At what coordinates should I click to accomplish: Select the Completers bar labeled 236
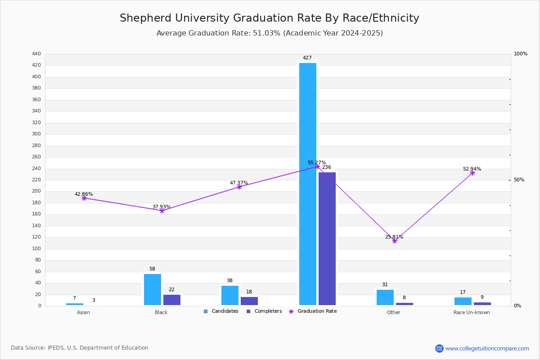coord(327,238)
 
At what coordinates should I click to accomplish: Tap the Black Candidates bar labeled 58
coord(153,289)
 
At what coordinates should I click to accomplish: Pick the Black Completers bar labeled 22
coord(172,300)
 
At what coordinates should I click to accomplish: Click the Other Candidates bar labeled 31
coord(385,297)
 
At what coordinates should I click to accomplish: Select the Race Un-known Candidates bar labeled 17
coord(463,301)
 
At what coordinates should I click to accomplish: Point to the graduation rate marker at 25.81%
coord(395,241)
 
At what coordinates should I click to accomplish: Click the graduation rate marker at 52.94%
coord(472,173)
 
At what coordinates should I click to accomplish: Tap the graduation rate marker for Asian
coord(84,198)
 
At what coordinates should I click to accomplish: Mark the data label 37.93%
coord(162,207)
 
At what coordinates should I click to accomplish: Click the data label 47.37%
coord(239,183)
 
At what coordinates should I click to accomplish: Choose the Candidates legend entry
coord(221,311)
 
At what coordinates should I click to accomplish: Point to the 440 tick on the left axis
coord(36,54)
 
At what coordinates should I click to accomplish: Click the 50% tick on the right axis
coord(519,180)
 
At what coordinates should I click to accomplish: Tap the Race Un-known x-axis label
coord(472,313)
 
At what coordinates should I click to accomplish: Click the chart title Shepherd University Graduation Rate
coord(269,18)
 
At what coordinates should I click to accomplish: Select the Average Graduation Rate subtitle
coord(269,33)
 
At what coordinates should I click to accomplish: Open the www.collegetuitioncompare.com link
coord(487,348)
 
